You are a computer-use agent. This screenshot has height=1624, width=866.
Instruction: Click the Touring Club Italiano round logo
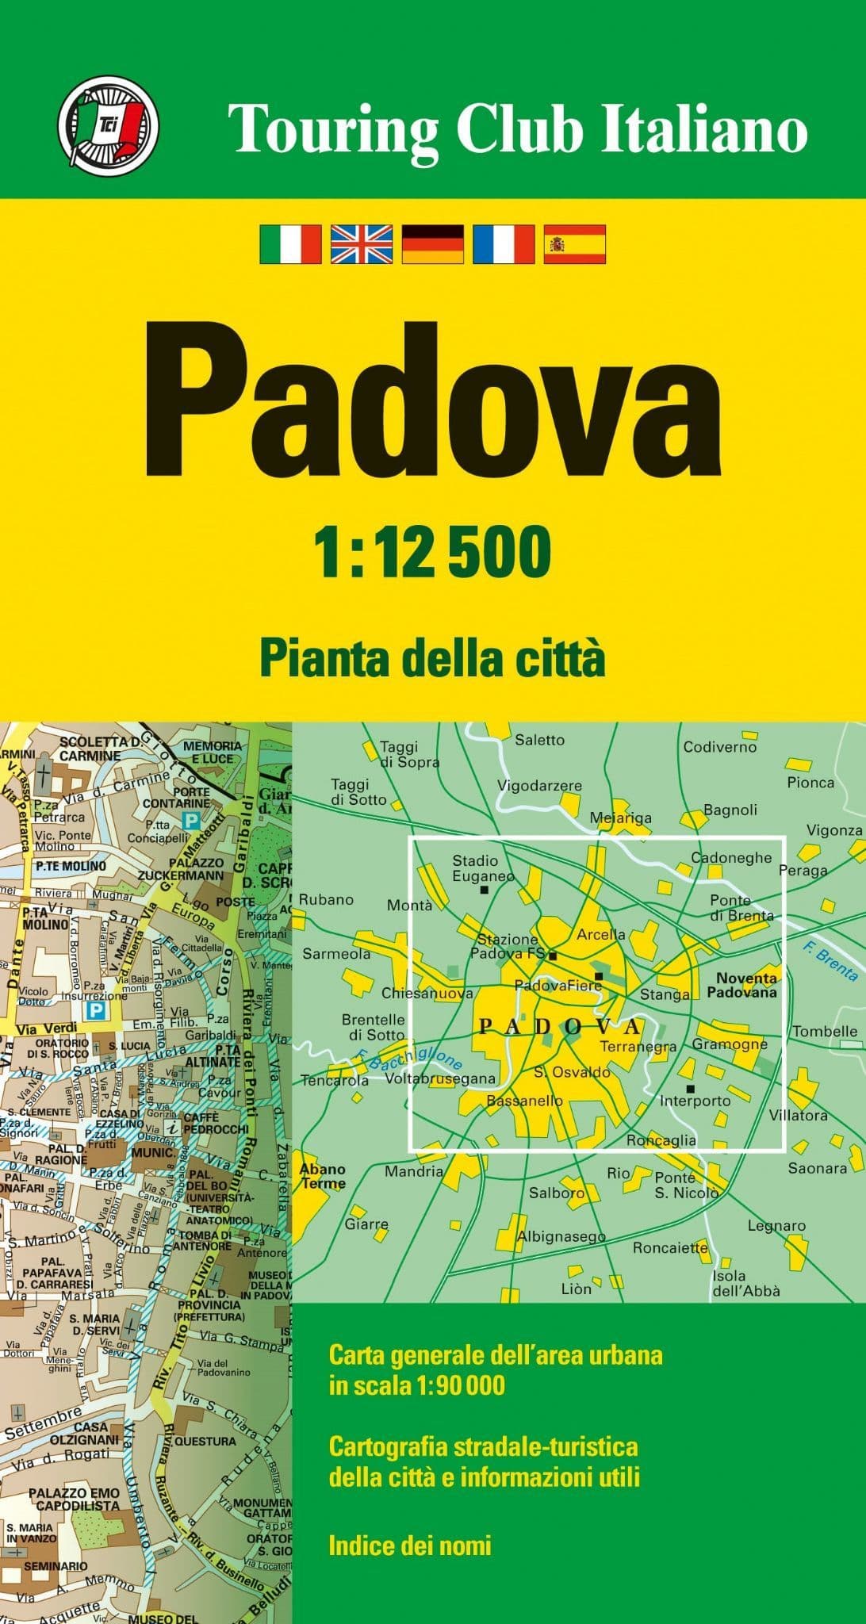[x=108, y=121]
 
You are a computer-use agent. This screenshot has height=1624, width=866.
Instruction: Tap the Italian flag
[x=290, y=243]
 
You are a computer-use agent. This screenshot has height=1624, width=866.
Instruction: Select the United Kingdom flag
[x=362, y=243]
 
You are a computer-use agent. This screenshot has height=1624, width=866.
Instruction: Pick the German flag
[x=433, y=243]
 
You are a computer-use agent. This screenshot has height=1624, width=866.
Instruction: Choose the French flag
[x=504, y=243]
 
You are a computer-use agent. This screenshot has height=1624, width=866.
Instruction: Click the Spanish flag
[x=575, y=243]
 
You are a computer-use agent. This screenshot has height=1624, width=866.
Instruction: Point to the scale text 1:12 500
[x=432, y=552]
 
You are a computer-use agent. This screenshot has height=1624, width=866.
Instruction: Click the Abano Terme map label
[x=323, y=1176]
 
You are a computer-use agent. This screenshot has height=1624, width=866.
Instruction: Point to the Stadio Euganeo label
[x=476, y=868]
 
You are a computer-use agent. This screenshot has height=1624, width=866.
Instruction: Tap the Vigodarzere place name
[x=539, y=786]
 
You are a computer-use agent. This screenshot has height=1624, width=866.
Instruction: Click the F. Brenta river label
[x=829, y=959]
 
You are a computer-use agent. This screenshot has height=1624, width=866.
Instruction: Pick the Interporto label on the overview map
[x=695, y=1101]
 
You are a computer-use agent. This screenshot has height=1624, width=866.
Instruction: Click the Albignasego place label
[x=561, y=1236]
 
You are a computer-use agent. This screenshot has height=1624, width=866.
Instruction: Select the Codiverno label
[x=720, y=747]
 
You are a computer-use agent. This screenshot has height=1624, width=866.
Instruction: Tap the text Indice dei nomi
[x=410, y=1545]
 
